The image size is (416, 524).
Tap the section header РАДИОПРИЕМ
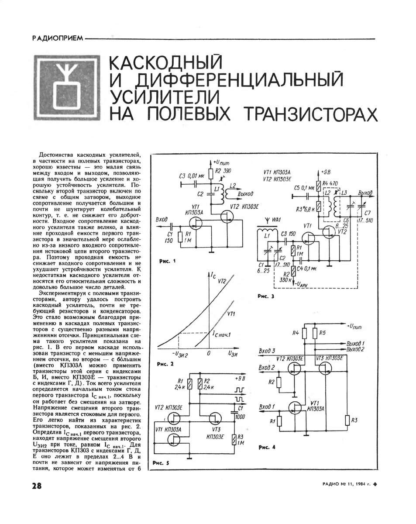(57, 39)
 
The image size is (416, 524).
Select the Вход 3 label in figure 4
(267, 350)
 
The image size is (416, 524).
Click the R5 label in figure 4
(323, 333)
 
